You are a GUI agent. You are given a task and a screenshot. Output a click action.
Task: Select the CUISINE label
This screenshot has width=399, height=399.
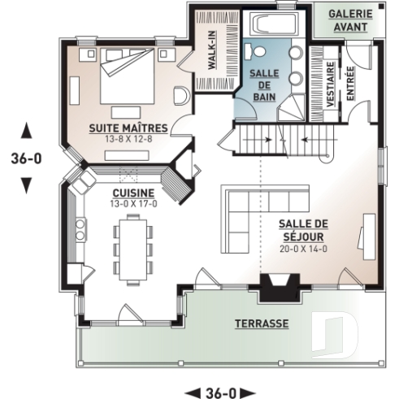coord(128,193)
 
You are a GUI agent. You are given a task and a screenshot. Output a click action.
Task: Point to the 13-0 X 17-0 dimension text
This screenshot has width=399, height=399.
coord(128,204)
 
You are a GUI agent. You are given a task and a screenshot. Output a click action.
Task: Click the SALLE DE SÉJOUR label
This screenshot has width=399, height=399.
coord(302,230)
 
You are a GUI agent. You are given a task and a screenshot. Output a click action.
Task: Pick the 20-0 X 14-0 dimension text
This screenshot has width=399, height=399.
coord(302,249)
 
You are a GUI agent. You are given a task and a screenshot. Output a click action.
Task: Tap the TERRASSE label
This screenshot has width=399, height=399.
coord(262,323)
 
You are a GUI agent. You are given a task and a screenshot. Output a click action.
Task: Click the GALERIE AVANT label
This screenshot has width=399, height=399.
coord(351,20)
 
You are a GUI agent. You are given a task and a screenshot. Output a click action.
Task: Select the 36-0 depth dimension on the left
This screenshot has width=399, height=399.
coord(26,158)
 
